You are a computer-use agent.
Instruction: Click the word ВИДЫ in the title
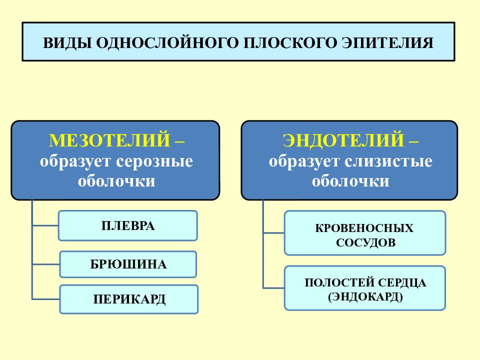[x=67, y=43]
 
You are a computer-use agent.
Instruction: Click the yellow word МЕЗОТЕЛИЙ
[x=109, y=140]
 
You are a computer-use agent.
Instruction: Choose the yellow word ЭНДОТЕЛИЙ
[x=343, y=140]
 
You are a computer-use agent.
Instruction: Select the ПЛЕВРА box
[x=127, y=225]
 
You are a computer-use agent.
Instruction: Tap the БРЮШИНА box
[x=128, y=264]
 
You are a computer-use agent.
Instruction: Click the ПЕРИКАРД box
[x=129, y=299]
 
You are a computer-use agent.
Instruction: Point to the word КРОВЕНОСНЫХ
[x=364, y=228]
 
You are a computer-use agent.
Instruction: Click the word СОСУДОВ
[x=366, y=243]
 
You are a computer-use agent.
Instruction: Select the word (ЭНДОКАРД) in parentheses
[x=365, y=297]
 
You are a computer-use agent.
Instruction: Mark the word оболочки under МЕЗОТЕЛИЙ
[x=116, y=181]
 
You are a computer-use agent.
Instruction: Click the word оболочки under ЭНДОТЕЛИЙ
[x=350, y=181]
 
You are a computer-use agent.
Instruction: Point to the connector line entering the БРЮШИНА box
[x=46, y=264]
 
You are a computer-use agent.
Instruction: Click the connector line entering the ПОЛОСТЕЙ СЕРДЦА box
[x=273, y=288]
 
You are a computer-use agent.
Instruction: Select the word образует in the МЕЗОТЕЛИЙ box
[x=75, y=161]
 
